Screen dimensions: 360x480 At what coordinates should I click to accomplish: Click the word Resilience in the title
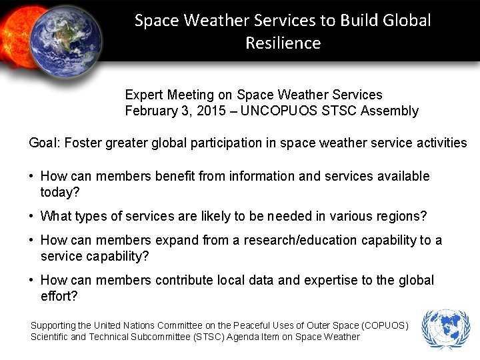pos(283,43)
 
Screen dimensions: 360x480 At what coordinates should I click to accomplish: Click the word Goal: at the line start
pos(45,143)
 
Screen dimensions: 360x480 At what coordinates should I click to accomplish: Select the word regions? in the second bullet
pos(402,216)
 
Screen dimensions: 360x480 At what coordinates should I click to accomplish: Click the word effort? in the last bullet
pos(59,296)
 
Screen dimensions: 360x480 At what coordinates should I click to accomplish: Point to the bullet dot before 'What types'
pos(32,216)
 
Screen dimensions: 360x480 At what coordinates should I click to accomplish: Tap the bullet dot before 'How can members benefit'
pos(32,176)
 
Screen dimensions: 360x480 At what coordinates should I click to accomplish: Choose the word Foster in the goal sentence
pos(83,143)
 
